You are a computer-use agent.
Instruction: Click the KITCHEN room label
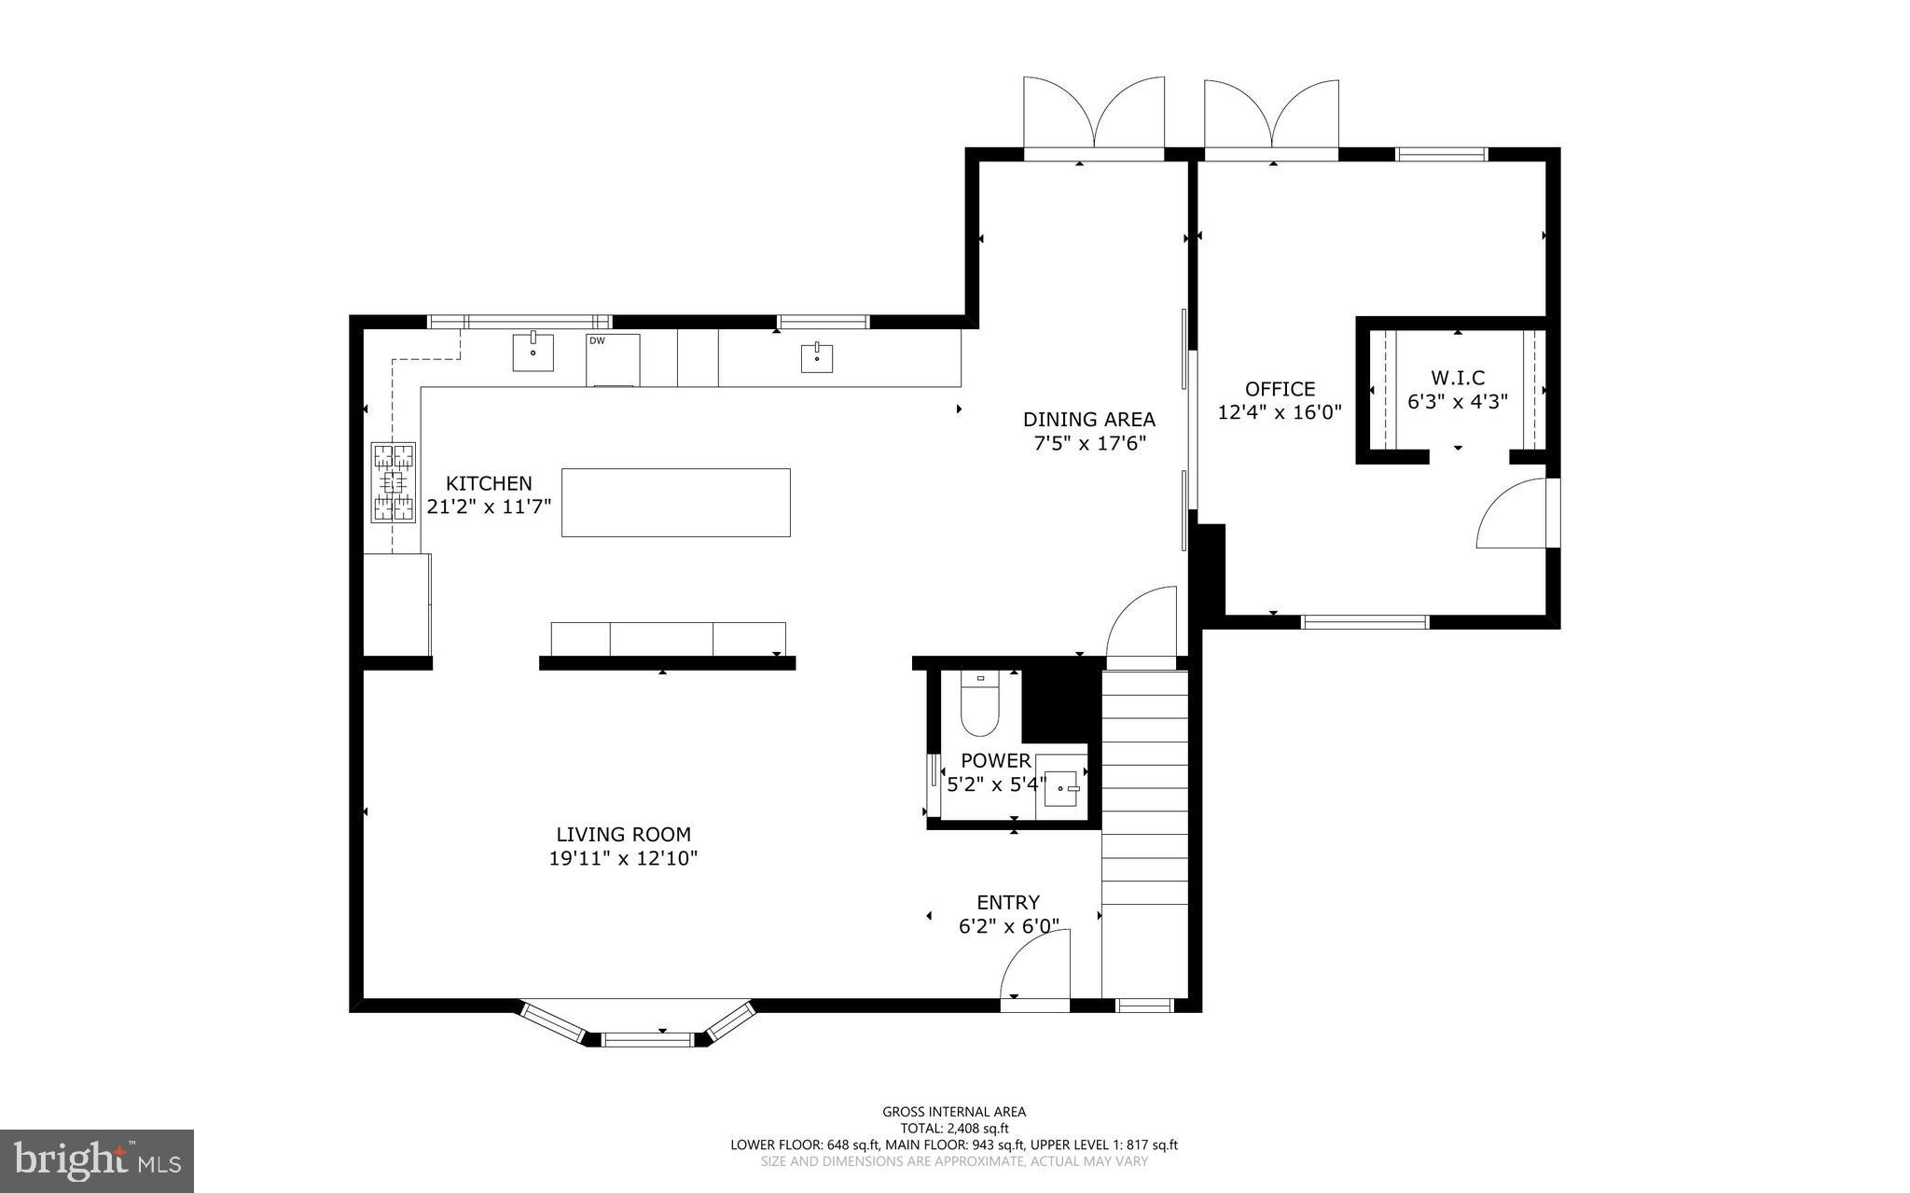[x=489, y=483]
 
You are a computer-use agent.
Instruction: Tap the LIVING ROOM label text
[x=623, y=835]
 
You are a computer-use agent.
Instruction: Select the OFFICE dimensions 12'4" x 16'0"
[x=1280, y=412]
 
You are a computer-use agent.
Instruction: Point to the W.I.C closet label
[x=1458, y=378]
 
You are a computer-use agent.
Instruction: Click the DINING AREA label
[x=1088, y=420]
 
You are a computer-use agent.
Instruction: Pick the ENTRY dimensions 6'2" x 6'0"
[x=1008, y=926]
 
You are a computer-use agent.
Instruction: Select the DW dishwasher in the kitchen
[x=613, y=359]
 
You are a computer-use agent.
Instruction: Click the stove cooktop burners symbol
[x=394, y=481]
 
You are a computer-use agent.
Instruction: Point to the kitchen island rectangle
[x=675, y=502]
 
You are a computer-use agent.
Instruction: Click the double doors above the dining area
[x=1094, y=117]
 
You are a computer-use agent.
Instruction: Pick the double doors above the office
[x=1272, y=117]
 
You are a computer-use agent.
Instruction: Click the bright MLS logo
[x=97, y=1160]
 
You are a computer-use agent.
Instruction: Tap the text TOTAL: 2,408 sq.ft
[x=954, y=1128]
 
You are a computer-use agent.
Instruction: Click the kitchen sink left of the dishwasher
[x=533, y=353]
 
